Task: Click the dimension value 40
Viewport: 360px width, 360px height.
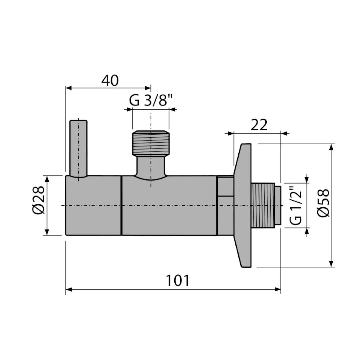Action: pos(110,81)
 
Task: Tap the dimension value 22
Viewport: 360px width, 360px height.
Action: pos(259,125)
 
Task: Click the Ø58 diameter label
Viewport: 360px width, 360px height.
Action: pos(323,204)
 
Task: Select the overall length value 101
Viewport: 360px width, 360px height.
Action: pos(177,280)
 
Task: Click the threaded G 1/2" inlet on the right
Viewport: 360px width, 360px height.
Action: pos(263,205)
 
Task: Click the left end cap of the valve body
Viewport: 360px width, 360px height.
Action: pos(93,205)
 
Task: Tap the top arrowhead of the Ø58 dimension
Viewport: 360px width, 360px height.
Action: pos(331,147)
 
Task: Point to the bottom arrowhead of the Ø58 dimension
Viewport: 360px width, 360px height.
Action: pos(331,264)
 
